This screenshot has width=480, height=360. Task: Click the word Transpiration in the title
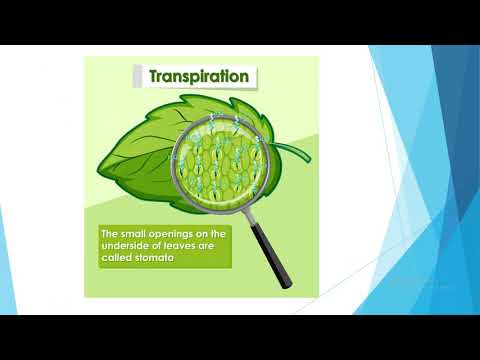199,76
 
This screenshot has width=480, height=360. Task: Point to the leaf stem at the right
295,152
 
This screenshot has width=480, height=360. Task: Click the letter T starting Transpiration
154,76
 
